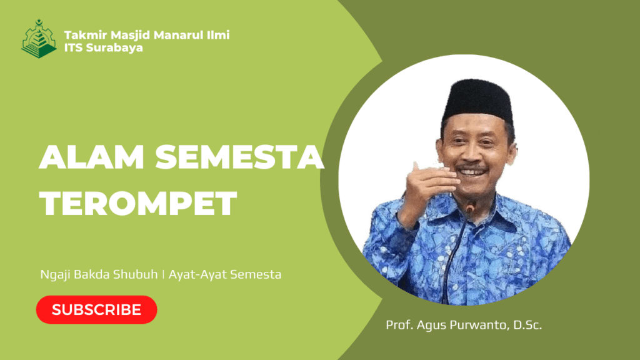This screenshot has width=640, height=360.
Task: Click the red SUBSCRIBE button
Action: pos(96,310)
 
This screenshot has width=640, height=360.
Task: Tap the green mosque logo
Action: pos(39,38)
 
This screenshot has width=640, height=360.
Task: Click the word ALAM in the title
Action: pos(92,157)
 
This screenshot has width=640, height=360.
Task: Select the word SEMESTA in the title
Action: pos(239,157)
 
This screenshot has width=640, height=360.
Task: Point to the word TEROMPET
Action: pos(138,203)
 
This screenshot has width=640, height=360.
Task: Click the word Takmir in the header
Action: pos(85,35)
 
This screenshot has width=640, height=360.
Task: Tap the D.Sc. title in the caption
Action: pos(527,325)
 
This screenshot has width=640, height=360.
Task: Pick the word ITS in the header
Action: pos(73,47)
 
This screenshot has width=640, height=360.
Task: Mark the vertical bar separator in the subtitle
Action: pos(163,275)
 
